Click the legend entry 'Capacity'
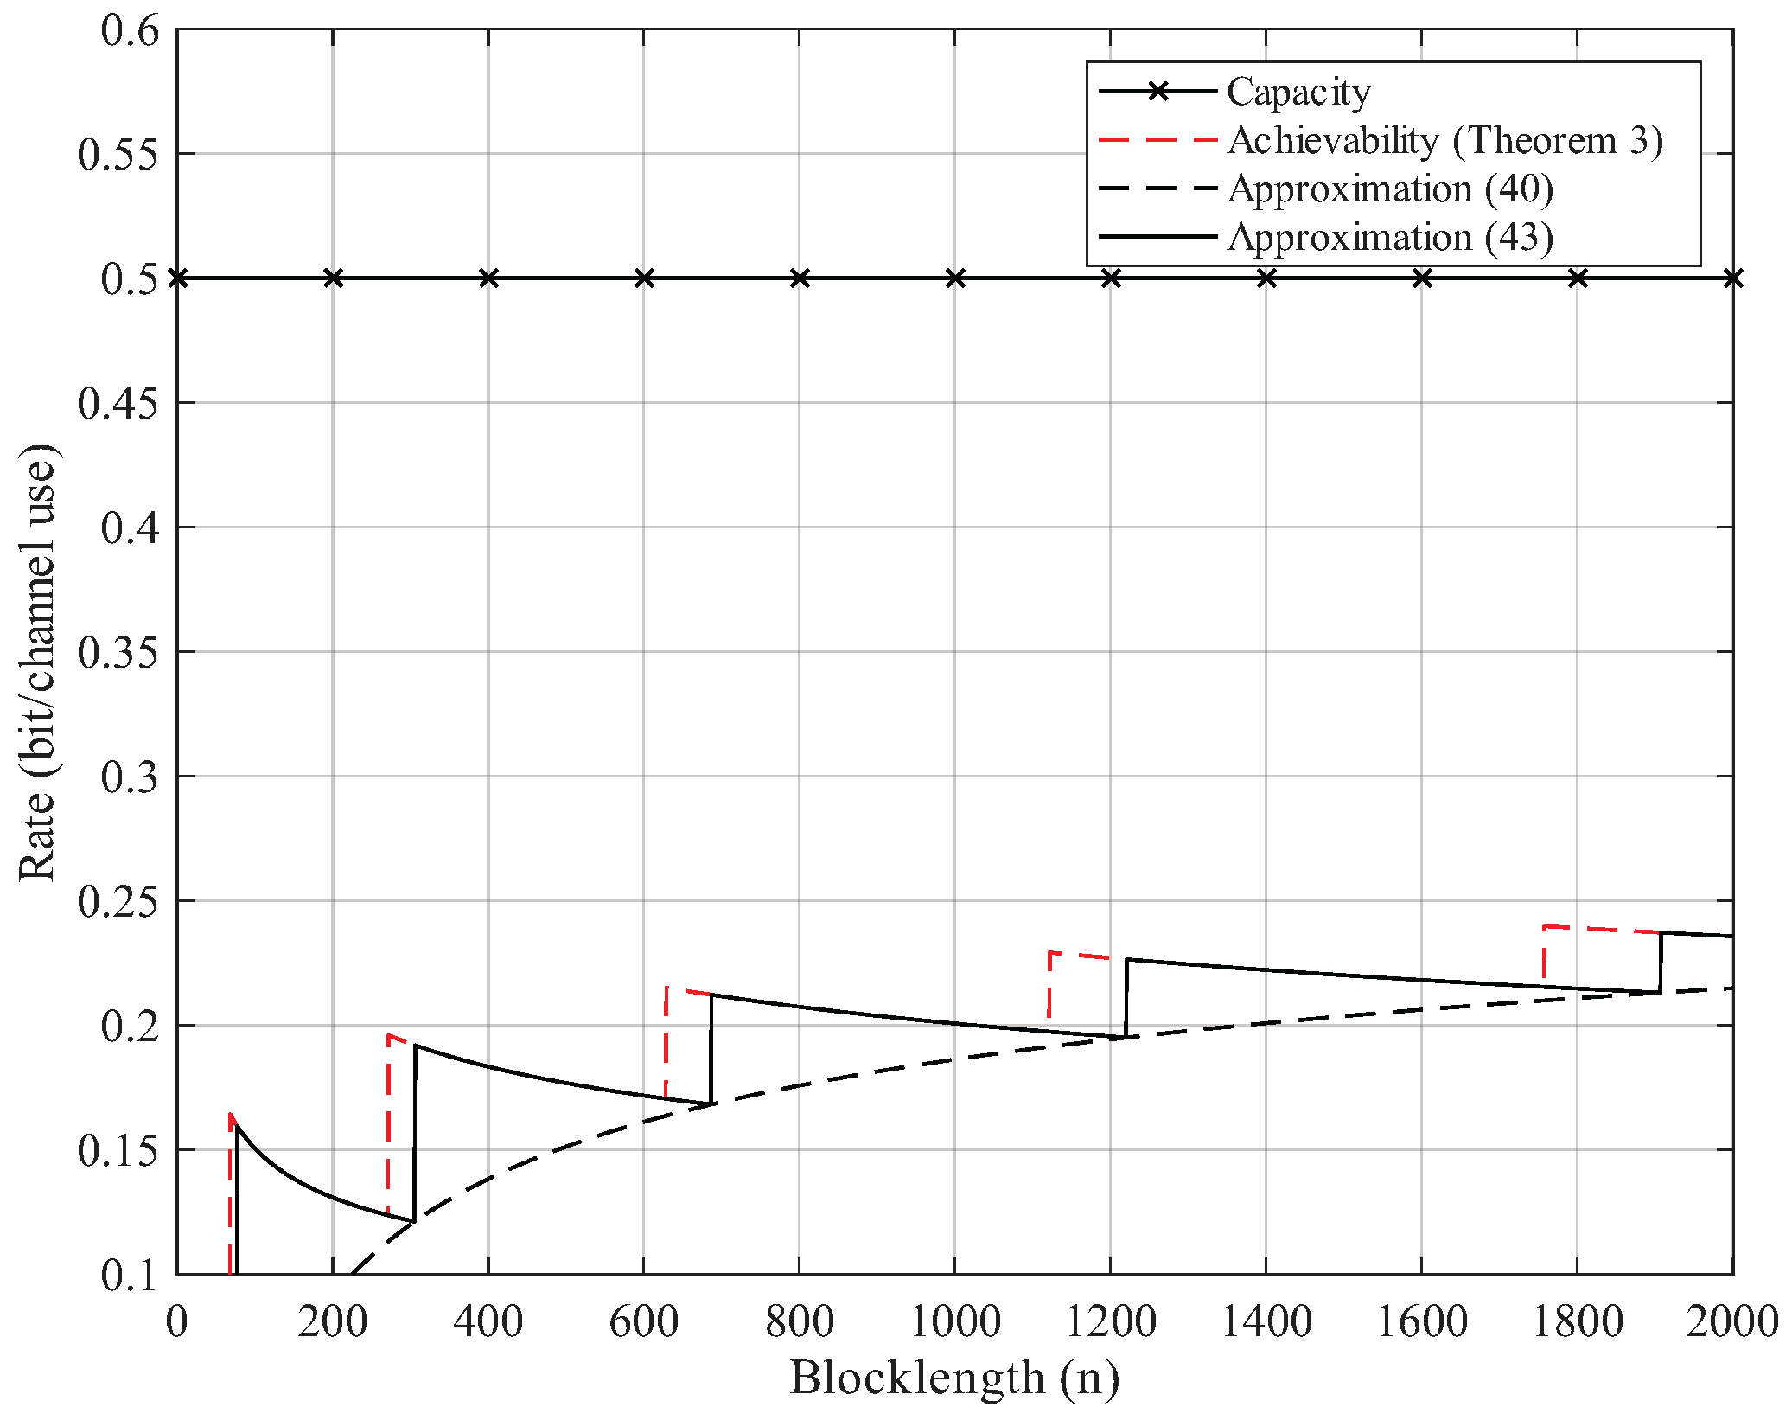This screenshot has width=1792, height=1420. coord(1298,92)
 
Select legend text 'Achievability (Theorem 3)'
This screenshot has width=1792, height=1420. coord(1444,140)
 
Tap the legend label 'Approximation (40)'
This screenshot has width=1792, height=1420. coord(1389,189)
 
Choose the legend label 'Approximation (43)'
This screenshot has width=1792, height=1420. coord(1389,237)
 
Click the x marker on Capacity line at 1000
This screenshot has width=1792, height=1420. coord(955,278)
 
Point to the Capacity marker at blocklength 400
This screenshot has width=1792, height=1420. coord(488,278)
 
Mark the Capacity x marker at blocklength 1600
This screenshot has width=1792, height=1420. coord(1422,278)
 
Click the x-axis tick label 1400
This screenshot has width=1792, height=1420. coord(1266,1322)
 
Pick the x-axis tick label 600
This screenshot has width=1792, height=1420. coord(643,1322)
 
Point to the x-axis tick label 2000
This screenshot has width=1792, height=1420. coord(1731,1322)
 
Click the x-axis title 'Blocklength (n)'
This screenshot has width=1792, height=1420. coord(954,1378)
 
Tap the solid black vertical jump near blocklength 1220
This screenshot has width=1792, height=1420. coord(1126,999)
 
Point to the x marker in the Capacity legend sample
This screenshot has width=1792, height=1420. coord(1157,91)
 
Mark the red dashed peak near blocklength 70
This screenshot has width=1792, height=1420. coord(231,1115)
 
